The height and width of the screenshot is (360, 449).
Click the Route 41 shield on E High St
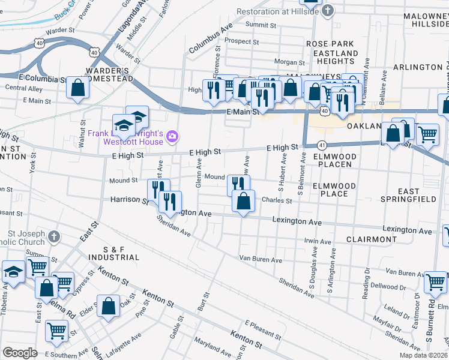(322, 145)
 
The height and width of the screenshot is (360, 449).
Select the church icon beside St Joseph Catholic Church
(55, 236)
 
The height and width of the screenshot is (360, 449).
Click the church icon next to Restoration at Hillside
(327, 11)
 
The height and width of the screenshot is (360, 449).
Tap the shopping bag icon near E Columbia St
(78, 88)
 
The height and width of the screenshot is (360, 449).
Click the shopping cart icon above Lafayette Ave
(56, 329)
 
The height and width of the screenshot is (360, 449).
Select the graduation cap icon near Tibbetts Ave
(13, 272)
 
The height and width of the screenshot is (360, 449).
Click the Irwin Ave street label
(318, 241)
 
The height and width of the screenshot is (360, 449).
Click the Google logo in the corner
(20, 353)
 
